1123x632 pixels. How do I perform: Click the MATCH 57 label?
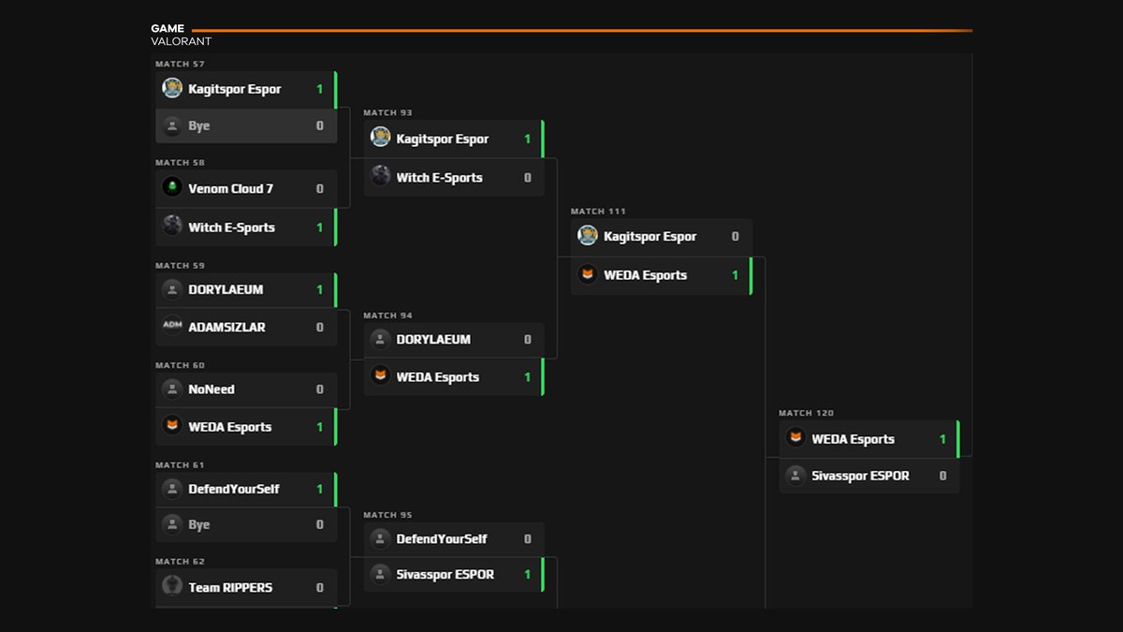180,64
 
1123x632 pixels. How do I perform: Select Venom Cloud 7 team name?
230,189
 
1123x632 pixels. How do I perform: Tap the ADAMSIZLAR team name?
226,328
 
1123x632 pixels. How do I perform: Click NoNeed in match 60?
211,389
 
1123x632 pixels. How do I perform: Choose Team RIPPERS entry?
230,588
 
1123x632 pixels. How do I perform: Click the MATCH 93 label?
387,112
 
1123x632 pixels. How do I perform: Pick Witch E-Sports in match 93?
439,178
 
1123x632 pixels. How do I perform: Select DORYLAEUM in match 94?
433,340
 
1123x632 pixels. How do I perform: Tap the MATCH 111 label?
598,212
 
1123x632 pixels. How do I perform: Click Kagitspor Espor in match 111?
649,237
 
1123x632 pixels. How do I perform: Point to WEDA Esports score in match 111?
735,275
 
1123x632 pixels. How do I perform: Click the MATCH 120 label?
806,413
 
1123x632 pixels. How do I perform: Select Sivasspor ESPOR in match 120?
860,476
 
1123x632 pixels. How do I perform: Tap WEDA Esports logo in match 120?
795,438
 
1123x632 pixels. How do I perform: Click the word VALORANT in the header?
181,41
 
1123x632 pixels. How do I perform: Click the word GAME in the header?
168,29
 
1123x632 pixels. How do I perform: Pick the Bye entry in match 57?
198,126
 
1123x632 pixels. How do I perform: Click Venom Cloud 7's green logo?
172,188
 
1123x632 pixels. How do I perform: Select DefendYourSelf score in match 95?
527,539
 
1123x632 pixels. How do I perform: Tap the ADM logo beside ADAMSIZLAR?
172,327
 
